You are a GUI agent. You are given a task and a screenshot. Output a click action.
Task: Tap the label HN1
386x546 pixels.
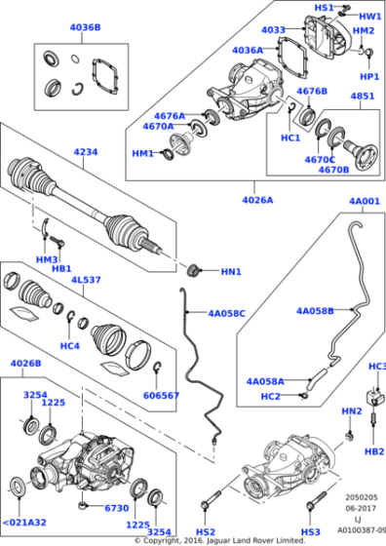coord(230,272)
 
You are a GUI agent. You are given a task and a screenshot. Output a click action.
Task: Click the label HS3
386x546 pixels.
coord(310,531)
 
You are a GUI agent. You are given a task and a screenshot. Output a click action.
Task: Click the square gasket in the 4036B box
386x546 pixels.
coord(103,74)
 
